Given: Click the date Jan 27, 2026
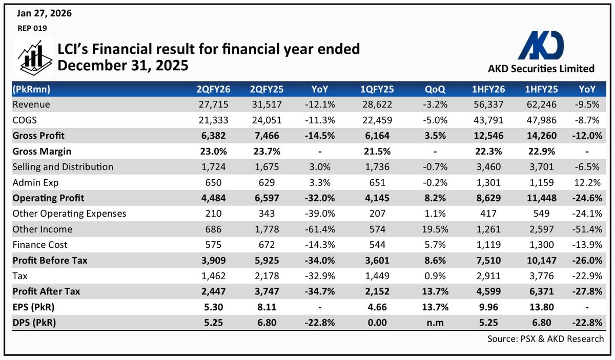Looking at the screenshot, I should coord(44,13).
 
